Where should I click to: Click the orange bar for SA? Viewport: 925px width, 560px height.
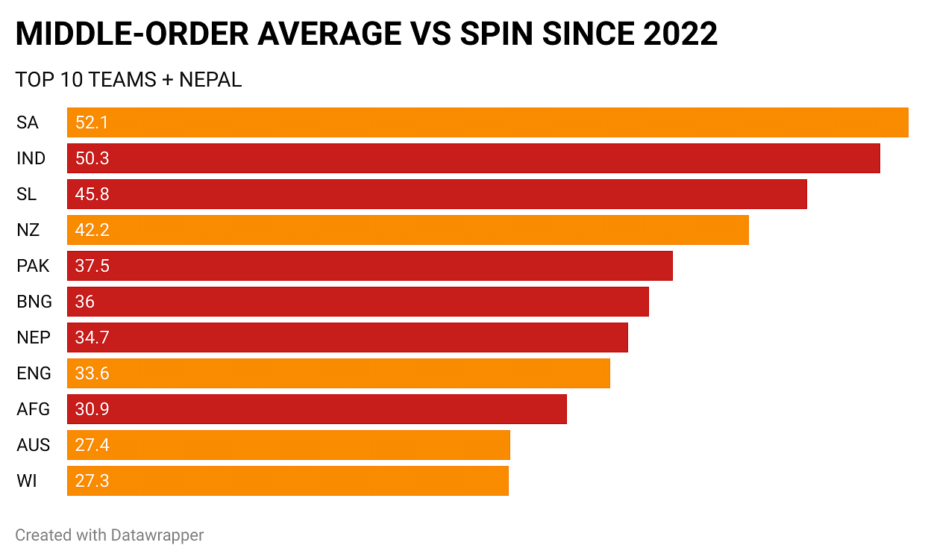pyautogui.click(x=487, y=122)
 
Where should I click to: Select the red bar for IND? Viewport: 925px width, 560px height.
pyautogui.click(x=473, y=158)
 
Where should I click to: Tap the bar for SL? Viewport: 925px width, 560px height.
pyautogui.click(x=436, y=194)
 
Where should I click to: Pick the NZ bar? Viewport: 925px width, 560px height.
pyautogui.click(x=407, y=230)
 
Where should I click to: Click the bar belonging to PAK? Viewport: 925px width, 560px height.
pyautogui.click(x=369, y=266)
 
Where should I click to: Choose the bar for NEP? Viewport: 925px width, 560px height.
pyautogui.click(x=347, y=337)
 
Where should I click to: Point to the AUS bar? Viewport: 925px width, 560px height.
pyautogui.click(x=288, y=445)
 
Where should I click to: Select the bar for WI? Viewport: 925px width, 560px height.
pyautogui.click(x=287, y=481)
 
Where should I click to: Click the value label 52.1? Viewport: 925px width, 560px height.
pyautogui.click(x=92, y=122)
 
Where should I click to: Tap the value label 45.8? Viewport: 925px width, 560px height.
pyautogui.click(x=92, y=194)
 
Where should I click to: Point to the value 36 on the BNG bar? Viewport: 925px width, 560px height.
pyautogui.click(x=85, y=302)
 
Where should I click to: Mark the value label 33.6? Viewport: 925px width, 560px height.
pyautogui.click(x=92, y=373)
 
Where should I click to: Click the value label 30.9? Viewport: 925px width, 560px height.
pyautogui.click(x=92, y=409)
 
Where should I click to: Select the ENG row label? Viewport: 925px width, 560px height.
pyautogui.click(x=34, y=373)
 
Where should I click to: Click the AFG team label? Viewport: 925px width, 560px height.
pyautogui.click(x=33, y=409)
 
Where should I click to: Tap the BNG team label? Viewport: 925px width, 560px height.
pyautogui.click(x=34, y=302)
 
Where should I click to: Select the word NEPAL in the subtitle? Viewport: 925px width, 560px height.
pyautogui.click(x=210, y=80)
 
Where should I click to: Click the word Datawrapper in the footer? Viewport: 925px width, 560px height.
pyautogui.click(x=157, y=535)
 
